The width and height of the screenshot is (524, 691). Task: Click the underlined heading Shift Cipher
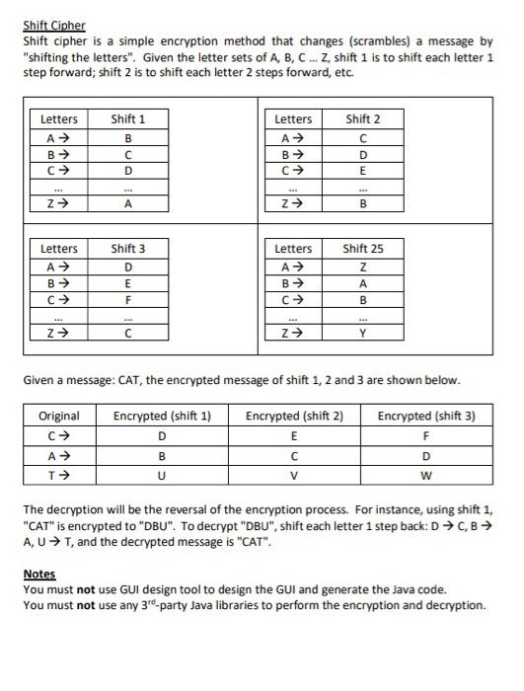[54, 25]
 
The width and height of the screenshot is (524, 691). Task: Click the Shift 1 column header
[128, 119]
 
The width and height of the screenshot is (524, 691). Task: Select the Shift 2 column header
[362, 119]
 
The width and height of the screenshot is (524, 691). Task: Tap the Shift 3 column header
[128, 248]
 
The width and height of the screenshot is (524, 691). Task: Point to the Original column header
[59, 416]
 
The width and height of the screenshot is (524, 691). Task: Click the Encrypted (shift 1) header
[162, 416]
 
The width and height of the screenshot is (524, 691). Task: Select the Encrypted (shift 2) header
[294, 416]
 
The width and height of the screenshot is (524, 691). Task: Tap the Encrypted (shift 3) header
[426, 416]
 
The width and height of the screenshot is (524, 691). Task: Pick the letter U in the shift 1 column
[162, 475]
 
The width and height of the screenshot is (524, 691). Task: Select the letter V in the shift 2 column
[294, 475]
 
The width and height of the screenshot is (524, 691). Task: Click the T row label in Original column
[59, 475]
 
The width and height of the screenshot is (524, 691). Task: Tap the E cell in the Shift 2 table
[362, 171]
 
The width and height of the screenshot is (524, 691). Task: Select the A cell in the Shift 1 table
[128, 204]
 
